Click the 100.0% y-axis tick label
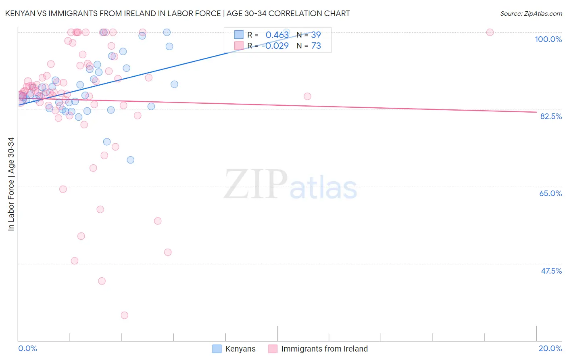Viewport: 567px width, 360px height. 548,39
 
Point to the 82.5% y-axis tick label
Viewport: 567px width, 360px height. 551,116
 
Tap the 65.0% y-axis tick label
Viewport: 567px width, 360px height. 550,193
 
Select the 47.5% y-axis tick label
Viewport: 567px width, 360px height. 551,271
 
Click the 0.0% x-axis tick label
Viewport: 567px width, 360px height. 27,348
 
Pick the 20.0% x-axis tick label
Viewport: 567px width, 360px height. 550,348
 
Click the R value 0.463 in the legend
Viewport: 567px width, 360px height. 277,35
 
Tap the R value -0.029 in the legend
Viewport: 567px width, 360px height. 275,46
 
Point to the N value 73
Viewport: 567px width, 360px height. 316,46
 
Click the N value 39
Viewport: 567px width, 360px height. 316,35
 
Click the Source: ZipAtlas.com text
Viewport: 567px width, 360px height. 531,13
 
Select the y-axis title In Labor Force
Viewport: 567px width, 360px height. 11,184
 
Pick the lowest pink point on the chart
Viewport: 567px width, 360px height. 125,315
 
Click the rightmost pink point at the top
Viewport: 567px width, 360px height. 490,32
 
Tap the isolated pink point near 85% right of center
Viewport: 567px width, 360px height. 307,96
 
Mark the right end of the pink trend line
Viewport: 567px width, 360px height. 536,112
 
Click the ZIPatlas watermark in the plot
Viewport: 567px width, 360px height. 290,185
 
